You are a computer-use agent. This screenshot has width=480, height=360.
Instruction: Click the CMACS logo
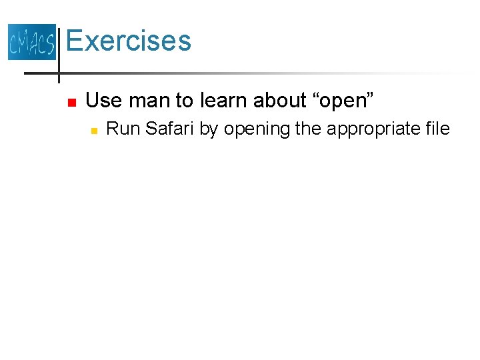(31, 41)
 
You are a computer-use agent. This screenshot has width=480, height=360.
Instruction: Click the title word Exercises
(129, 41)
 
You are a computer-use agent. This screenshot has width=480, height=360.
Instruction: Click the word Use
(105, 101)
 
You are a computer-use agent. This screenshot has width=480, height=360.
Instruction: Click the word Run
(123, 129)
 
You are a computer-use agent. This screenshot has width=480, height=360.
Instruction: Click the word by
(209, 129)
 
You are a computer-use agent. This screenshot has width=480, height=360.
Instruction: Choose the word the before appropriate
(308, 129)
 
